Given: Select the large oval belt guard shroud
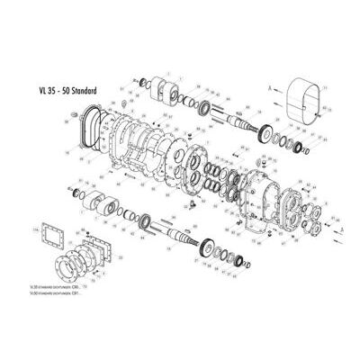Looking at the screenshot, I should coord(301,99).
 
